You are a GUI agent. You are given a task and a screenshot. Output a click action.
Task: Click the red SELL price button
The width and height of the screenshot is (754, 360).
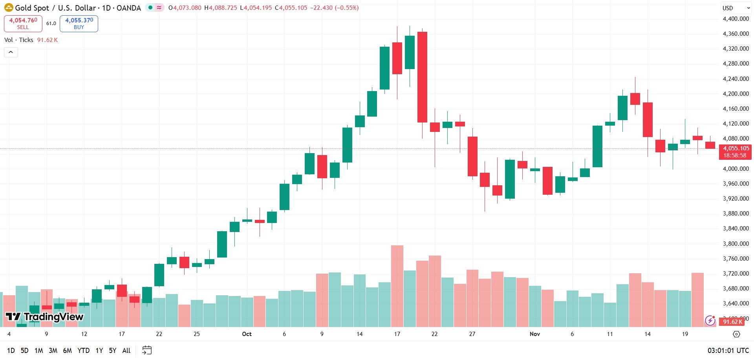23,24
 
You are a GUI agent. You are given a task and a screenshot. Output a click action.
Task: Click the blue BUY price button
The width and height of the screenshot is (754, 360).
79,24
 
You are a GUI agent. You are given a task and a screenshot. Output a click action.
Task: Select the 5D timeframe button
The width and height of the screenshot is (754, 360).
24,351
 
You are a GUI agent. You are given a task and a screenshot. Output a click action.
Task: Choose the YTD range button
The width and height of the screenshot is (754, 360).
83,351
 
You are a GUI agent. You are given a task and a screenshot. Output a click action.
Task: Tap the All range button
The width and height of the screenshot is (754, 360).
126,351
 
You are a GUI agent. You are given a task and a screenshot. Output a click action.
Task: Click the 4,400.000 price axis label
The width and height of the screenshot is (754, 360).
736,19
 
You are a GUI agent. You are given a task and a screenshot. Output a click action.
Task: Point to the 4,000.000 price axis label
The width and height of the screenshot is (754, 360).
736,169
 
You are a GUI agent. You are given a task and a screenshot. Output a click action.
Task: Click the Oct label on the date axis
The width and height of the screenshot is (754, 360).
247,334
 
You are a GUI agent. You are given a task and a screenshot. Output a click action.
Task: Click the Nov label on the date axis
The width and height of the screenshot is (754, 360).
535,334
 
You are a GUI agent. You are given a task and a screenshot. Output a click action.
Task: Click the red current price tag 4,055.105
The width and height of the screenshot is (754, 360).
735,152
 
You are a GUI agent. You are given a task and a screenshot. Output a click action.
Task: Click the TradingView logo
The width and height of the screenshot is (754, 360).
44,317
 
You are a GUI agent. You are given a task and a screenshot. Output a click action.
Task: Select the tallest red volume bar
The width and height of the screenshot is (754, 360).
397,286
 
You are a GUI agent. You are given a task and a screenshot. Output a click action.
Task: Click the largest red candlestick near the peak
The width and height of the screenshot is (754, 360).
422,77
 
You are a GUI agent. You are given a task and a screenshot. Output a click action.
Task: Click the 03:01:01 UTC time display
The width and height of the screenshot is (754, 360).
728,351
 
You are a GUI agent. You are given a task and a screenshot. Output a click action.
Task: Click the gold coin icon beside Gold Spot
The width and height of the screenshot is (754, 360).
9,8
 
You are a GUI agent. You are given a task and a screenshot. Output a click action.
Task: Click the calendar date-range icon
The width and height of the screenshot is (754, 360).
147,350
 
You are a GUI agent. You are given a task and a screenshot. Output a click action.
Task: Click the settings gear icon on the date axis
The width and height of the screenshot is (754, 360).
736,334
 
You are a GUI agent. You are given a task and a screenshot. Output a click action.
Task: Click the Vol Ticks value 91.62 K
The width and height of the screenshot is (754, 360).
48,40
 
